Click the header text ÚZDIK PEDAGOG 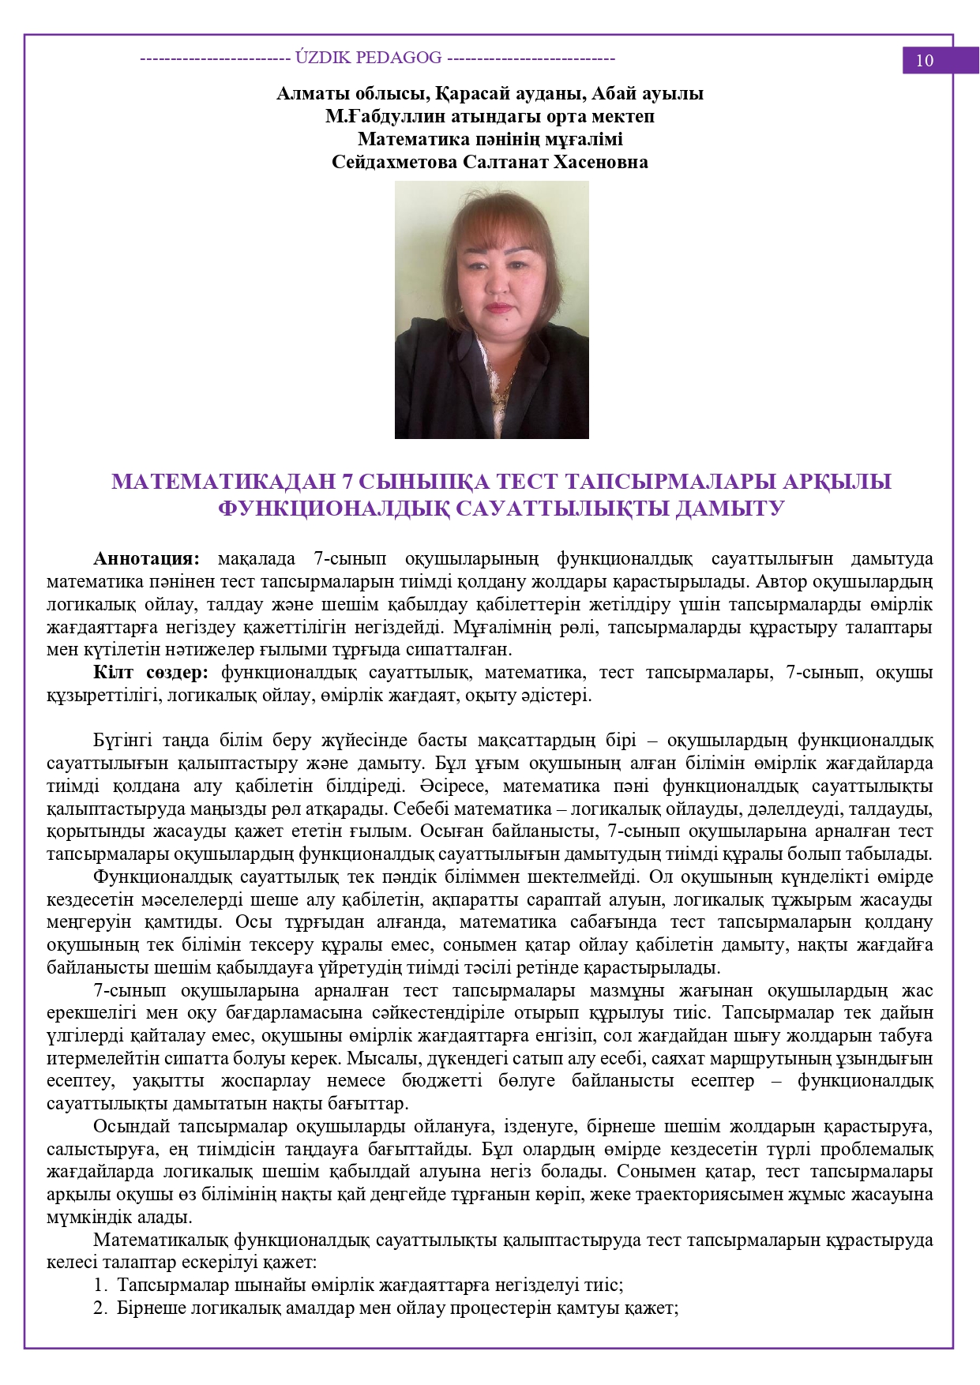(x=368, y=58)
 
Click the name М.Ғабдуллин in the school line (x=371, y=117)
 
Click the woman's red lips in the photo (x=499, y=307)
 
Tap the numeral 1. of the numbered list (x=100, y=1286)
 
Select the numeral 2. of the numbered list (x=100, y=1308)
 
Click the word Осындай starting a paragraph (x=130, y=1127)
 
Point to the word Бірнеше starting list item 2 (x=148, y=1308)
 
